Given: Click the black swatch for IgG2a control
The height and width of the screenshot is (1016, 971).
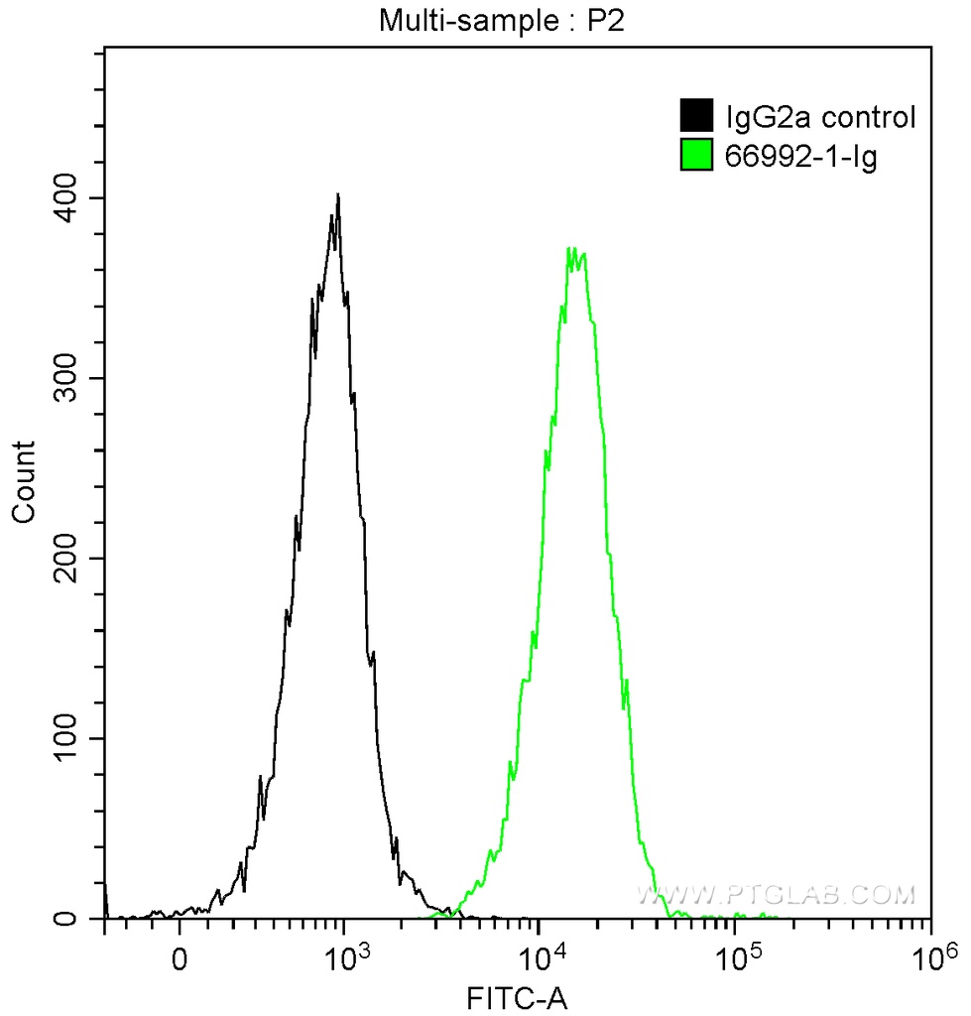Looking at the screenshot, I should coord(696,117).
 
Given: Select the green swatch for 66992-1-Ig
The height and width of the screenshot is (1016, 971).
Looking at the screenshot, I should coord(696,156).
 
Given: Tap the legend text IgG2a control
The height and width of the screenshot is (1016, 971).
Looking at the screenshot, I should coord(819,118).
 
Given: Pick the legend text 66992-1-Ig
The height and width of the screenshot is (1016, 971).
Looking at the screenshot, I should coord(788,157).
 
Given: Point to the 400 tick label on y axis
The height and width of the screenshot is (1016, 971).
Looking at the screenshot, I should coord(71,198).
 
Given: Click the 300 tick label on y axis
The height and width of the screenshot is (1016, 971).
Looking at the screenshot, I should coord(71,379).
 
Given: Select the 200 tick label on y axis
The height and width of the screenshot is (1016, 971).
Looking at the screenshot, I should coord(71,559).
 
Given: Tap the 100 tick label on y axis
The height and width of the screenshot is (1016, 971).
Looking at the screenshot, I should coord(71,739).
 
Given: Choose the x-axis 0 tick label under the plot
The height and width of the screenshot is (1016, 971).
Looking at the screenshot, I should coord(180,960).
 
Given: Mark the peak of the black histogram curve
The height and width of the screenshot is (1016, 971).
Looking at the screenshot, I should coord(338,194).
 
